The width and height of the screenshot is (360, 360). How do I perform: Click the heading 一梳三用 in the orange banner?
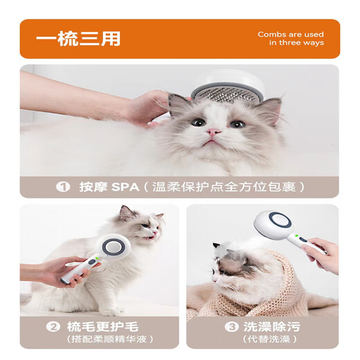78,39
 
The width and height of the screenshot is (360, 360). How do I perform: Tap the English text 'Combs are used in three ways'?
290,39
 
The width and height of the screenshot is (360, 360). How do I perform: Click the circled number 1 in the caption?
64,187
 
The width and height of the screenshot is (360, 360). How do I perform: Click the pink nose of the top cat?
213,131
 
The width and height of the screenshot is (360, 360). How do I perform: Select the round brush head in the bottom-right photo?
274,225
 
